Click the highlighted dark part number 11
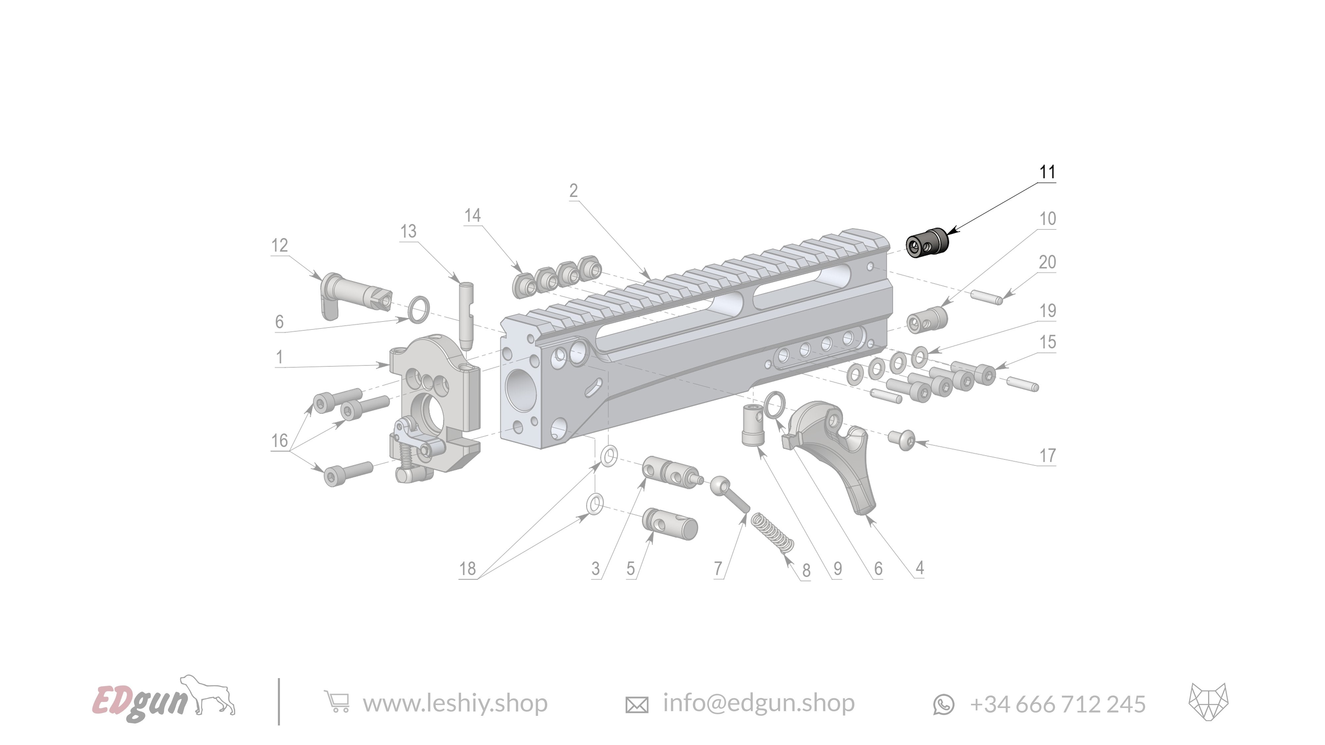926,243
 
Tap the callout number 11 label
1047,172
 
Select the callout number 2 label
573,191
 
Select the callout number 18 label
467,569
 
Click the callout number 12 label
279,245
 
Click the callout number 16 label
279,441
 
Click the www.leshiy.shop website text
455,703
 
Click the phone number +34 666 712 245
1057,704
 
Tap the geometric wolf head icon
1208,702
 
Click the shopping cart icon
337,702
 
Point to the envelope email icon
636,704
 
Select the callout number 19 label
1047,311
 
